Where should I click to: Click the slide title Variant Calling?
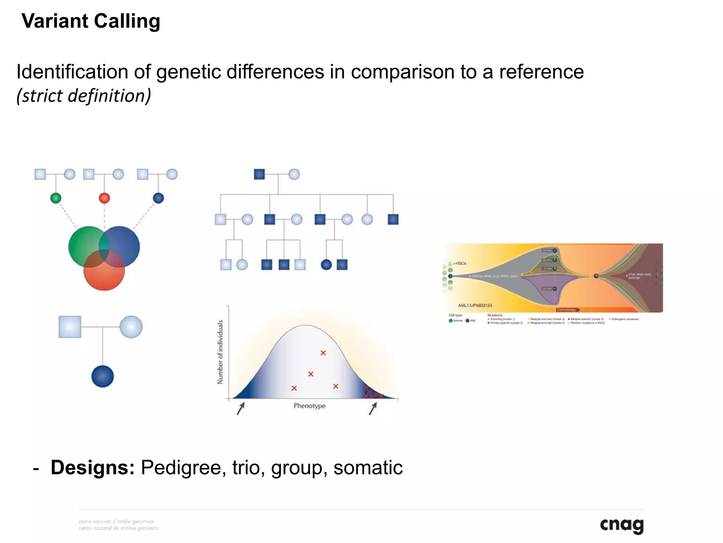[91, 21]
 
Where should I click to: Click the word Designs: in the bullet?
[92, 467]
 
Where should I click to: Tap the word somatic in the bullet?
[368, 467]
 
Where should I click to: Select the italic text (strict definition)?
[84, 95]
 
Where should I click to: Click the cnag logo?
[622, 525]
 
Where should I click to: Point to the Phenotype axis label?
[309, 406]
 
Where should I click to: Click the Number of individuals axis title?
[220, 352]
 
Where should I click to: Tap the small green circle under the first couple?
[56, 198]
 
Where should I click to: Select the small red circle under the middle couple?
[104, 198]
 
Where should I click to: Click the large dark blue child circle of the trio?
[102, 376]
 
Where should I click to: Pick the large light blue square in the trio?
[70, 327]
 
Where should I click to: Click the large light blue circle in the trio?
[131, 327]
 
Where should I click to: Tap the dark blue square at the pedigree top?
[259, 174]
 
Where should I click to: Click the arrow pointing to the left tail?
[240, 409]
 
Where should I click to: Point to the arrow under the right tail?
[373, 409]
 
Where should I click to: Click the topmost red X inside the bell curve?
[323, 353]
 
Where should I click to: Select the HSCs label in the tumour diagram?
[460, 263]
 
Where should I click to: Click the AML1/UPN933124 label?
[475, 305]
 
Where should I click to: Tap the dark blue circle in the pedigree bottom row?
[326, 264]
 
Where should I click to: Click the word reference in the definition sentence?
[541, 72]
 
